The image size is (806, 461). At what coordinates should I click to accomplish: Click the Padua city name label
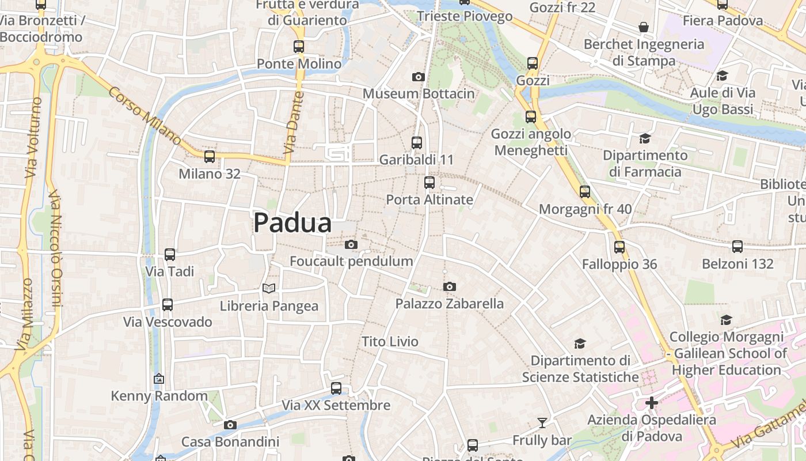(x=292, y=223)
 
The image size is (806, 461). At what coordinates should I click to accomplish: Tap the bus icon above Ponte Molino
(x=298, y=47)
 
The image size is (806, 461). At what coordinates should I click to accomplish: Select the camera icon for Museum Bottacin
(x=419, y=77)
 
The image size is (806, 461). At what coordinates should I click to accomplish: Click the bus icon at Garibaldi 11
(x=417, y=142)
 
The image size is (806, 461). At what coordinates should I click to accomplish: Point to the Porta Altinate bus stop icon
(x=429, y=183)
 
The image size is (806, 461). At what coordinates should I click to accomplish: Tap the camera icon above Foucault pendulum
(x=351, y=244)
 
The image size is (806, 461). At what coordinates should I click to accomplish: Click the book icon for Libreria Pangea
(x=269, y=288)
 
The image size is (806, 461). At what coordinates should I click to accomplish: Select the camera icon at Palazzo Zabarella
(x=450, y=286)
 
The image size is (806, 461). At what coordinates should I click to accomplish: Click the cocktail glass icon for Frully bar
(x=542, y=423)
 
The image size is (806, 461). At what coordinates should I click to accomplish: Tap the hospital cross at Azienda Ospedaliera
(x=652, y=402)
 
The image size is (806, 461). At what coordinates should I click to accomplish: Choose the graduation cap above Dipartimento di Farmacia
(x=645, y=138)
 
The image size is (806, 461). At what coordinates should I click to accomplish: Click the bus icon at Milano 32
(x=210, y=156)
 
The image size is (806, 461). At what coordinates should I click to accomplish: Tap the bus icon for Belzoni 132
(x=737, y=247)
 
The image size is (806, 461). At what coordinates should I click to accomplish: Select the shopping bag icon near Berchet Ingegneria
(x=644, y=27)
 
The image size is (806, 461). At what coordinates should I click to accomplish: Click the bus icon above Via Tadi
(x=170, y=254)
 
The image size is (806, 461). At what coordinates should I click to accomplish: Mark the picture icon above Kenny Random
(x=159, y=379)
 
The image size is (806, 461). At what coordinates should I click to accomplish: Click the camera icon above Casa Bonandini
(x=230, y=425)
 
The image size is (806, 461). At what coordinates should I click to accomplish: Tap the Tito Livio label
(x=390, y=342)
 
